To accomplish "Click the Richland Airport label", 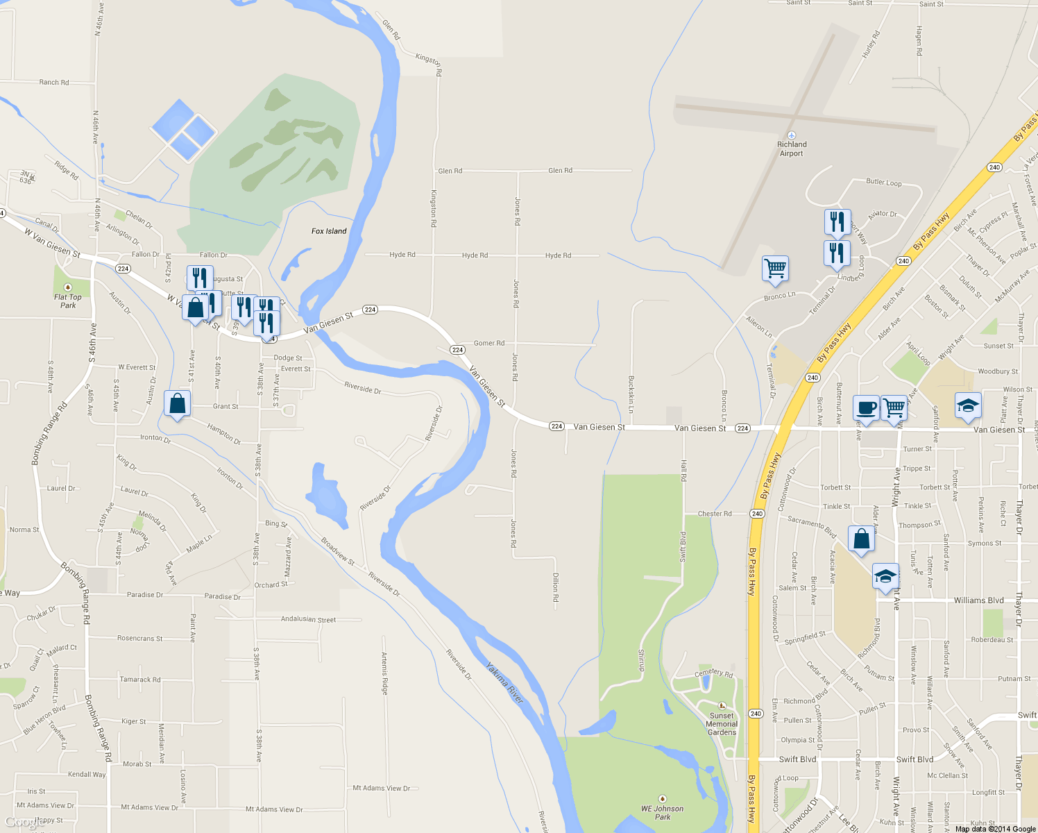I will [x=792, y=149].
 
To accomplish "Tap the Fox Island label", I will [x=329, y=231].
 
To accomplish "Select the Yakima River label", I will [x=504, y=682].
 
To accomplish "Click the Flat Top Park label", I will [x=68, y=301].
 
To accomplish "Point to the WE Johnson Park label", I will [x=662, y=812].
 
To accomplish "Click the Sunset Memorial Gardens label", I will [x=722, y=724].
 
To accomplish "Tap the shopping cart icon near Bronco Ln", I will [x=775, y=268].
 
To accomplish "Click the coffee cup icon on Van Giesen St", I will [x=866, y=407].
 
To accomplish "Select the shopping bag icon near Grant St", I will [x=178, y=403].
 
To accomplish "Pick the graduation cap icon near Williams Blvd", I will [x=885, y=576].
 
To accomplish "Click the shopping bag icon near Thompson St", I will [x=861, y=539].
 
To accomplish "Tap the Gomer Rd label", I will [x=489, y=343].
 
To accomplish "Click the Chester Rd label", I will [x=715, y=514].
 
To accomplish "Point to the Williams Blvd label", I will [x=978, y=600].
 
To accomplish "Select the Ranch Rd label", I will [x=54, y=82].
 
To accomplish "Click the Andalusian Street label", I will [x=308, y=619].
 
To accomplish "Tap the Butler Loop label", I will [x=884, y=183].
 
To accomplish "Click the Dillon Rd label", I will [x=556, y=587].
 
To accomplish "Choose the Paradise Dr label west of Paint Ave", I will [x=145, y=595].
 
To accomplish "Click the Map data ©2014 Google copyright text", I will [x=995, y=829].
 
